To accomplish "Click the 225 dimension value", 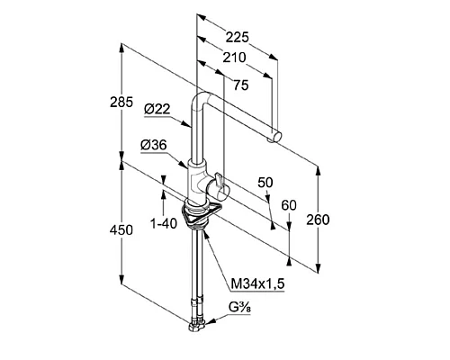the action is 238,38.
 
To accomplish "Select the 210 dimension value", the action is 234,58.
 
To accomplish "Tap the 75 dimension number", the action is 241,85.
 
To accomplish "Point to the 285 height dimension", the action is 121,103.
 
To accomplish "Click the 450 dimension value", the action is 121,230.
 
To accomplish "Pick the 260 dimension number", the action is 318,220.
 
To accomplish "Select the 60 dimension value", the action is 289,205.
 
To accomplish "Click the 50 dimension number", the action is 265,183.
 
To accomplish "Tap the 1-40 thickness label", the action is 164,223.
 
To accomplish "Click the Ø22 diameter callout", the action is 157,109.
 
